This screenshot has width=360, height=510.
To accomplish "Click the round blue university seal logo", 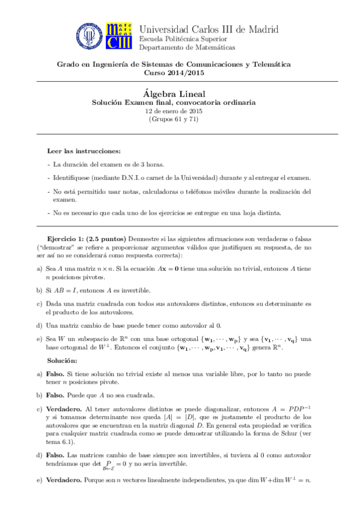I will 90,35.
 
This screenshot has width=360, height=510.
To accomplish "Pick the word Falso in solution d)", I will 56,455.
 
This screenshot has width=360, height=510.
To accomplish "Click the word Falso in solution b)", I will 56,395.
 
